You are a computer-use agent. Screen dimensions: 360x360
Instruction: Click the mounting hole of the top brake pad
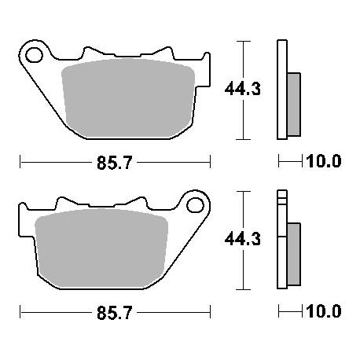34,55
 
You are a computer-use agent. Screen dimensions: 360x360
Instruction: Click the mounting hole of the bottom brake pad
196,205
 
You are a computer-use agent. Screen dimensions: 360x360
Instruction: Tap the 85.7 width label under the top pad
114,163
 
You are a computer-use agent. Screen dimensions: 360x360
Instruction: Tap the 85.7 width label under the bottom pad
114,313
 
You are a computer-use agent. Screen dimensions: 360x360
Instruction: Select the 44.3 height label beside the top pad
243,89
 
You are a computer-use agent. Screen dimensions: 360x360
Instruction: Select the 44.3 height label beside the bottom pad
243,239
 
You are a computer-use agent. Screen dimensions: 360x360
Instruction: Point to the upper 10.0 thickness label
324,161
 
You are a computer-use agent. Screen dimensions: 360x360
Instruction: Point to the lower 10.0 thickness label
324,311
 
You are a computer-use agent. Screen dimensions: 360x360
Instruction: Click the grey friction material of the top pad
128,98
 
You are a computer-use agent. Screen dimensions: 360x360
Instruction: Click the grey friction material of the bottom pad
101,248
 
